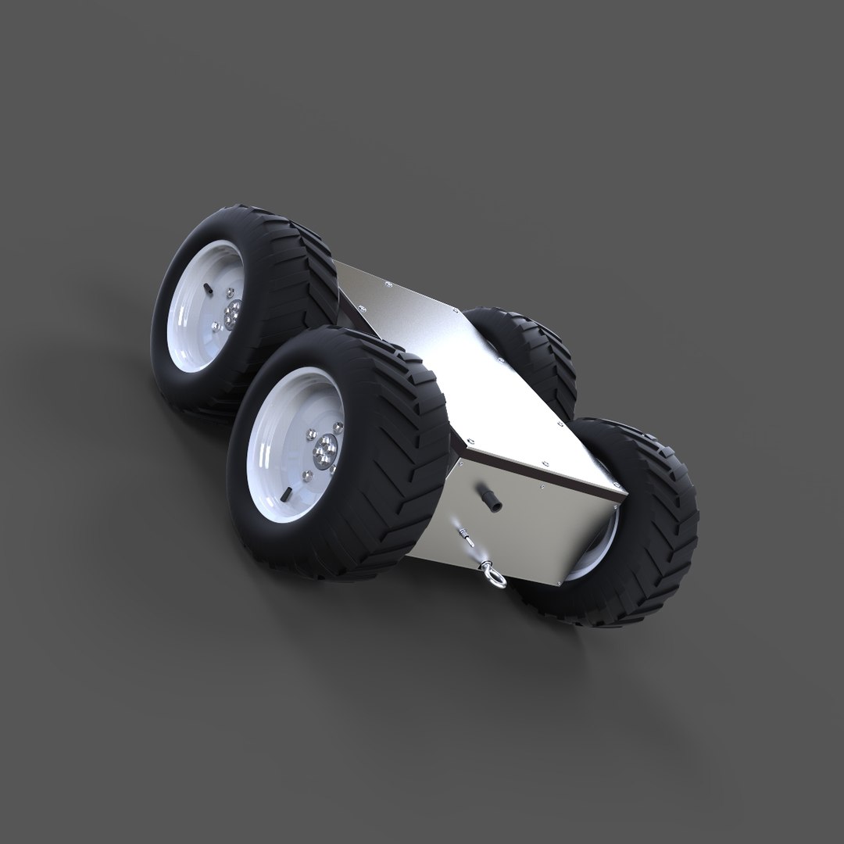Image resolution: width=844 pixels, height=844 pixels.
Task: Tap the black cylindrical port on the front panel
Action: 493,503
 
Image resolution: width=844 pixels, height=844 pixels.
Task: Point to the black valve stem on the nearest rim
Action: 286,494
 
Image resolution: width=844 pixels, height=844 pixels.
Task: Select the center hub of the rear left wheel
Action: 231,316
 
